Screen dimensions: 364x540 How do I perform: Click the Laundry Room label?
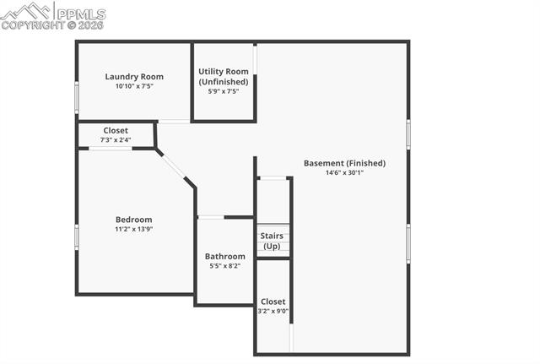134,76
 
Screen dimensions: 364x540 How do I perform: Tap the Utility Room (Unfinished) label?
224,77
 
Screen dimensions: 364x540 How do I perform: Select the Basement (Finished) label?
344,163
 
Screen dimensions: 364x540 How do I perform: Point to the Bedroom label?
134,220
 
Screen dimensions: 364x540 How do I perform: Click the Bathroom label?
225,257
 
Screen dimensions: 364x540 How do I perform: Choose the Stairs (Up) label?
272,241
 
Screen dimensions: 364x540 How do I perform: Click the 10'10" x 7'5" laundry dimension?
134,86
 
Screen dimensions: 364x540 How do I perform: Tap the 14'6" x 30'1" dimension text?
344,173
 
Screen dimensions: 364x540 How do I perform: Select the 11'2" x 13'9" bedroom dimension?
134,229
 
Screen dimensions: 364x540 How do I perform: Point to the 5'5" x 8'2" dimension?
225,266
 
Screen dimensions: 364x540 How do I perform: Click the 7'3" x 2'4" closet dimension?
116,140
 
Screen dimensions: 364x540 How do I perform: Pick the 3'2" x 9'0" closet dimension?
273,311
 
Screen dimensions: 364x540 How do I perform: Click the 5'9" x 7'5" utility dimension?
224,91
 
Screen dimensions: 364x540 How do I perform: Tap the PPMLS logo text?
78,14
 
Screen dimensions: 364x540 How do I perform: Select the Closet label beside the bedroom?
116,131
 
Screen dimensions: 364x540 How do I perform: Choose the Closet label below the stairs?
273,302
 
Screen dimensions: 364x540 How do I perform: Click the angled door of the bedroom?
173,165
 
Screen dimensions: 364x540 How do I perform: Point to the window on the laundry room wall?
77,97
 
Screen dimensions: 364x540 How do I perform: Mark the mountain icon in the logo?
26,11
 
